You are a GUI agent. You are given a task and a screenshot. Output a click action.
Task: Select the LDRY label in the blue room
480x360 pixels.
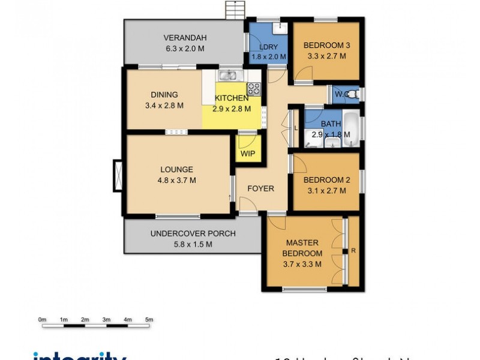(268, 47)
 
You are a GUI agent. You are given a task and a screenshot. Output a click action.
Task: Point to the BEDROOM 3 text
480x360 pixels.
(326, 45)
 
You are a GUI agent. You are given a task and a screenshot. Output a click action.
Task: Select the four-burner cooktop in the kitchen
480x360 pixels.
(254, 89)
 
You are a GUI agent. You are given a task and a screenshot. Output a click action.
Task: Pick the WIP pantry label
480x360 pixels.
(248, 154)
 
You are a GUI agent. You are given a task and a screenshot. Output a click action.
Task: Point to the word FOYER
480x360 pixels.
(260, 188)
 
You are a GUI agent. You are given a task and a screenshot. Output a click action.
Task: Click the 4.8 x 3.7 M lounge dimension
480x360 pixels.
(176, 180)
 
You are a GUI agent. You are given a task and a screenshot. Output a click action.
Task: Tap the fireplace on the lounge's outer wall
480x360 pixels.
(117, 175)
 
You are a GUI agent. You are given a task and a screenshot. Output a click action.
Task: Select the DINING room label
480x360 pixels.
(164, 94)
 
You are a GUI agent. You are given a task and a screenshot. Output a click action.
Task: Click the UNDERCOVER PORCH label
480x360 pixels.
(193, 233)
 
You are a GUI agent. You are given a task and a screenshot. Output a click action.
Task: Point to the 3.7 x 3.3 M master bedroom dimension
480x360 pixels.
(302, 263)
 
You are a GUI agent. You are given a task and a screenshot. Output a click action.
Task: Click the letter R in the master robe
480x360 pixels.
(353, 251)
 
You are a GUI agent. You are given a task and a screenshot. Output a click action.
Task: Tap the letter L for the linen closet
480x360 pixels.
(296, 128)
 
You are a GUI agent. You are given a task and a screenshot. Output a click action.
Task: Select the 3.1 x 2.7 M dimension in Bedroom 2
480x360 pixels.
(325, 191)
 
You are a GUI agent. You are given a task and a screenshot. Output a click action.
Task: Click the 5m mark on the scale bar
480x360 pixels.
(149, 320)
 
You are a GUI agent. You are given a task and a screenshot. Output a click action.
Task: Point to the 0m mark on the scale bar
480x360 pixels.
(42, 320)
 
